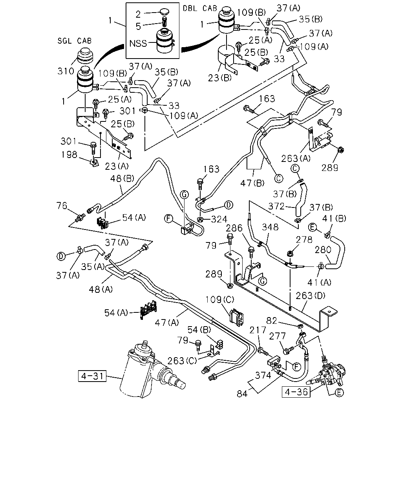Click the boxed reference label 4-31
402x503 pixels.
92,376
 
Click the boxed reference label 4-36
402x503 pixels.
296,392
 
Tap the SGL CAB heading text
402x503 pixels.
75,41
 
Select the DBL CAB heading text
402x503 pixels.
200,8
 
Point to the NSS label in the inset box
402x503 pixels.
138,44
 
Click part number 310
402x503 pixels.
66,71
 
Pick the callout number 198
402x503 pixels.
69,154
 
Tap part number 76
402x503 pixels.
62,206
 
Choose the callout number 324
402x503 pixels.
219,219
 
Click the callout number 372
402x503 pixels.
276,206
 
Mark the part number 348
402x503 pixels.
270,227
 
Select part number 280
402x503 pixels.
323,250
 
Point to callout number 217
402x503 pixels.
258,330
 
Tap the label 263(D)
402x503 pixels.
311,296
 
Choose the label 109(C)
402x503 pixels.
219,300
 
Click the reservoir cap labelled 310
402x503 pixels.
86,56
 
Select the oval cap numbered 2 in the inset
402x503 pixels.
164,11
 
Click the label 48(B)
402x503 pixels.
122,179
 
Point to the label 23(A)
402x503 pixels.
117,166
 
